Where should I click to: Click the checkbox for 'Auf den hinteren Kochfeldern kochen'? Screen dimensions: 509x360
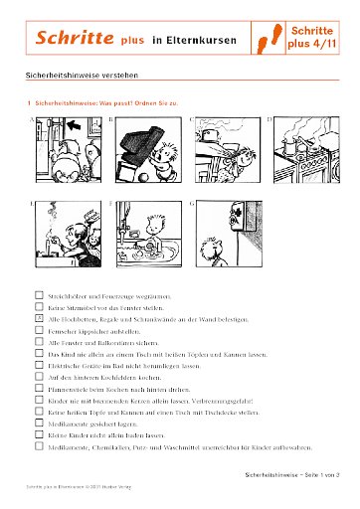[x=39, y=378]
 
